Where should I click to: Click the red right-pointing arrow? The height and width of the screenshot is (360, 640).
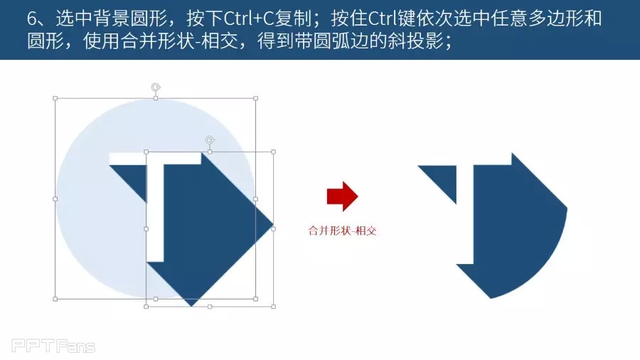click(343, 196)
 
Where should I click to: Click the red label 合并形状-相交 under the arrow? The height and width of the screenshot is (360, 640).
click(342, 231)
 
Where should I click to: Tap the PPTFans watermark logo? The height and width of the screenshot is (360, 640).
click(53, 346)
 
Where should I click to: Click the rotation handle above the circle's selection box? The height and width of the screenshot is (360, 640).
click(156, 87)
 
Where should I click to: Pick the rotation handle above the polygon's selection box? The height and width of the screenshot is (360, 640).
click(210, 141)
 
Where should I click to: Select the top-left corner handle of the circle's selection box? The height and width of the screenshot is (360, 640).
click(55, 98)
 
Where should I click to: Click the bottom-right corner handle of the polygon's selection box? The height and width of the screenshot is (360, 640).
click(274, 307)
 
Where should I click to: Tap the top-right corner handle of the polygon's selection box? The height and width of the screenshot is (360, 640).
click(274, 152)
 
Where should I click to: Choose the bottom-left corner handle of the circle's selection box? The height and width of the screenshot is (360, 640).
click(55, 300)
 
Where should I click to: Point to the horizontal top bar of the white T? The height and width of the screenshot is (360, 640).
click(155, 159)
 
